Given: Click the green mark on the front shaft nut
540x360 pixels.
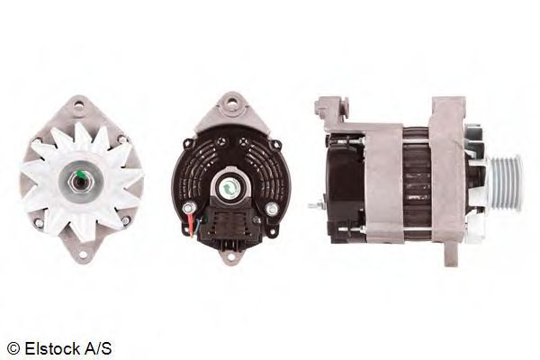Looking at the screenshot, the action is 81,175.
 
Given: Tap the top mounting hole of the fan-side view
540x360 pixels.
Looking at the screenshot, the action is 79,103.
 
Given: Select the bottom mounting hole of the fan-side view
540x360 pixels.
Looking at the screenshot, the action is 83,255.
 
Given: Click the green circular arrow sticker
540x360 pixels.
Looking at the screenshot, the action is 228,188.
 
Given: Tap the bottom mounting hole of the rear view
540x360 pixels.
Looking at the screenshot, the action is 230,256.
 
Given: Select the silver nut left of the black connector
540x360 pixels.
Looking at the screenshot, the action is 189,208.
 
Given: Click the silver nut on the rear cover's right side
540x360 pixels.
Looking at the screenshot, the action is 272,209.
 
